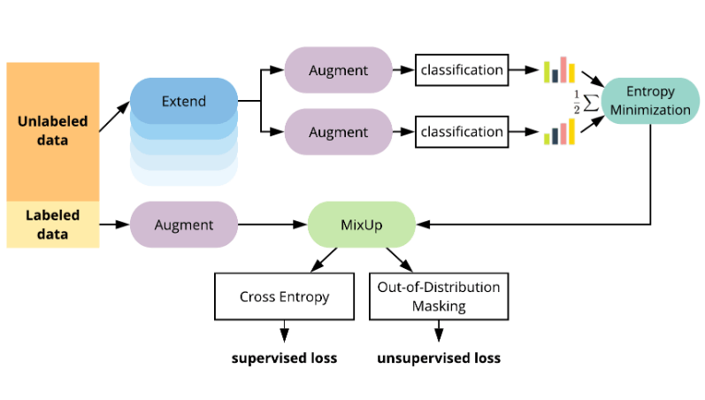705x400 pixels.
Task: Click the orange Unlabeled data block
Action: pyautogui.click(x=52, y=131)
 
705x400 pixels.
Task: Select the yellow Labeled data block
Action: pyautogui.click(x=52, y=224)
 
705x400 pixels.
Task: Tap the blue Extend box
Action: pyautogui.click(x=184, y=101)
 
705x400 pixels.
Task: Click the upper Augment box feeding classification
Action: pyautogui.click(x=338, y=69)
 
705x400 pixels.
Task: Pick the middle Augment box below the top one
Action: pyautogui.click(x=338, y=132)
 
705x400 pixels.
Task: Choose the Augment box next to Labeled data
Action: pyautogui.click(x=184, y=225)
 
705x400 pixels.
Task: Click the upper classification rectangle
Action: pyautogui.click(x=462, y=69)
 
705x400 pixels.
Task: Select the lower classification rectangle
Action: pyautogui.click(x=462, y=132)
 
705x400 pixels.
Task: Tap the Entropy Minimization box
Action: pyautogui.click(x=650, y=101)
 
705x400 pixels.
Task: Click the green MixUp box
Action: pyautogui.click(x=361, y=225)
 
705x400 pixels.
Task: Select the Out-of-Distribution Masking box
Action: pyautogui.click(x=439, y=297)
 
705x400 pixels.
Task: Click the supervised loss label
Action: pyautogui.click(x=285, y=358)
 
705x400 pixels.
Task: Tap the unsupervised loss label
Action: pyautogui.click(x=439, y=358)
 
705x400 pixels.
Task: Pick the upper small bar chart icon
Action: pyautogui.click(x=559, y=70)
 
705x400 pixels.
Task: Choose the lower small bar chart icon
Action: pyautogui.click(x=559, y=133)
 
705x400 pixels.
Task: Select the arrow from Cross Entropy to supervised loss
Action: pyautogui.click(x=285, y=332)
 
